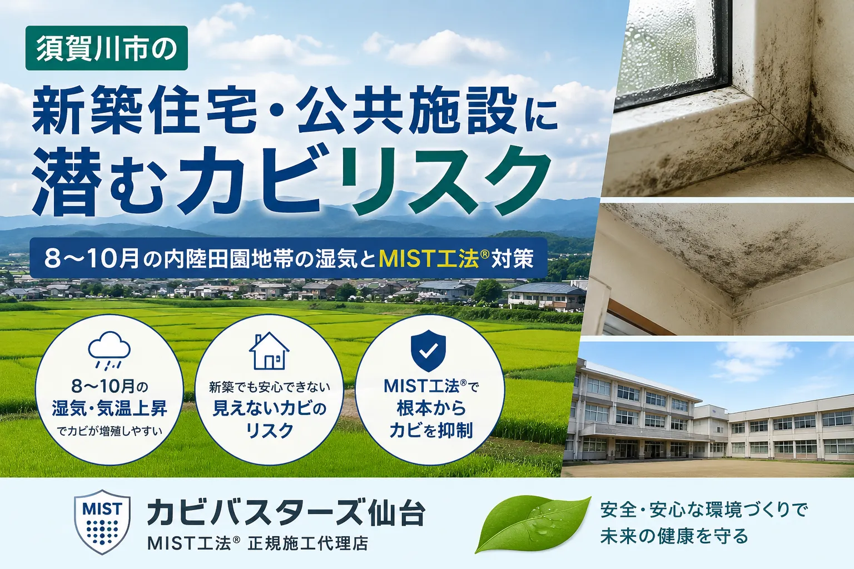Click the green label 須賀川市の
(x=106, y=48)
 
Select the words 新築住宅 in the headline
(x=145, y=113)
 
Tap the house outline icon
(x=269, y=351)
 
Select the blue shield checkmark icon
(x=428, y=351)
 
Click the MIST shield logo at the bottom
(x=102, y=522)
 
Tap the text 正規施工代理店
(x=308, y=544)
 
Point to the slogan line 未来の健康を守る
(x=674, y=536)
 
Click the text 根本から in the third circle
(x=431, y=408)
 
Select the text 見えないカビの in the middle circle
(x=269, y=409)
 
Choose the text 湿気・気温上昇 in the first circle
(x=110, y=408)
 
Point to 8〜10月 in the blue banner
(x=92, y=259)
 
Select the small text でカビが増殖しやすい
(x=110, y=431)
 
